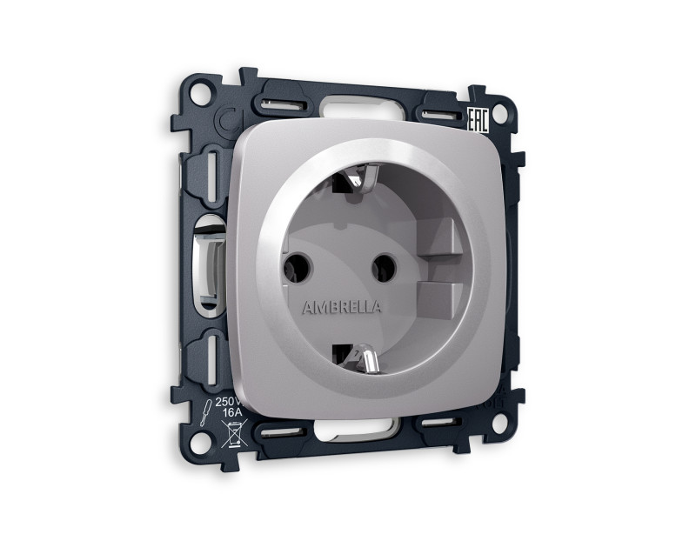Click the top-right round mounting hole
pyautogui.click(x=502, y=114)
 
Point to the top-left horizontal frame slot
pyautogui.click(x=277, y=106)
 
